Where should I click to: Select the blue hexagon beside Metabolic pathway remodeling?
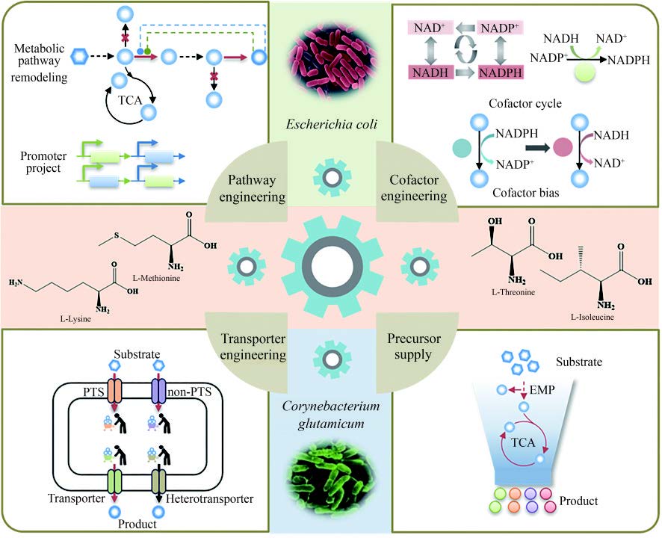[78, 57]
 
